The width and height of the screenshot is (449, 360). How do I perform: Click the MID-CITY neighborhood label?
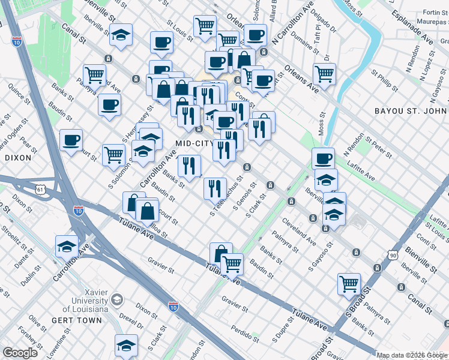coord(191,143)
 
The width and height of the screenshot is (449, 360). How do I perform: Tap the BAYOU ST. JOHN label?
coord(411,112)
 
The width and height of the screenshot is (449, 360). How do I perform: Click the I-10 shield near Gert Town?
coord(173,307)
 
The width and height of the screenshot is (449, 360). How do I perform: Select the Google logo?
coord(20,353)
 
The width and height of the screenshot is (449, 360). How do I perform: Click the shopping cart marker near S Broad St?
coord(349,284)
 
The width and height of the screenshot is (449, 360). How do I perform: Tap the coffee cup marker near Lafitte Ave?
coord(323,158)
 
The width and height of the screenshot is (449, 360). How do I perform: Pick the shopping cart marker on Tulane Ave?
coord(232,263)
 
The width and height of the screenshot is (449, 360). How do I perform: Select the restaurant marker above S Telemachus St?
coord(215,188)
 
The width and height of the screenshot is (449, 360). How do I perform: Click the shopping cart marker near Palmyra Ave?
coord(95,75)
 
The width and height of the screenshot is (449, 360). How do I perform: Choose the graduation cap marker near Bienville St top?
coord(121,35)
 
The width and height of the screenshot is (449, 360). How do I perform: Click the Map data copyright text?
coord(412,355)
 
